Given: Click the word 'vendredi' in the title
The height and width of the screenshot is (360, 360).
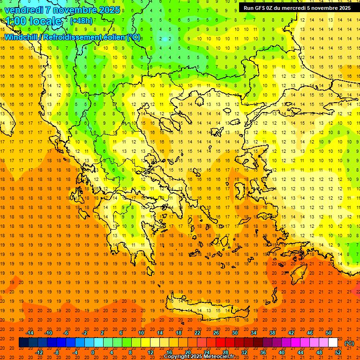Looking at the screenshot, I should pos(24,9).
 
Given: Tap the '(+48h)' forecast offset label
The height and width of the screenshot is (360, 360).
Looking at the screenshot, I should pos(81,21).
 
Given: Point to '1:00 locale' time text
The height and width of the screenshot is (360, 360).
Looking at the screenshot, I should pos(33,21).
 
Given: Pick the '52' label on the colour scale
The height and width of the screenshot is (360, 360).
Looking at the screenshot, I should pos(338,352).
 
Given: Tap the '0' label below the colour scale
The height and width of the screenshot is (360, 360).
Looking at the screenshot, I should pos(93,352).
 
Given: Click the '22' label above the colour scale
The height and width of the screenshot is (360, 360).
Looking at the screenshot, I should pos(197,333).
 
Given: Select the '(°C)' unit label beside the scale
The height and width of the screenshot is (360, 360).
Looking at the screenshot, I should pos(349,343).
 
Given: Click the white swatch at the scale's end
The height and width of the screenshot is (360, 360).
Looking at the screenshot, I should pos(333,343).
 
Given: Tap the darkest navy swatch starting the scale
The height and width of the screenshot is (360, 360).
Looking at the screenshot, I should pos(23,343).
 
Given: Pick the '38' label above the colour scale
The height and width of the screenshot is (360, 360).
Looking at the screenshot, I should pos(272,333).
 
